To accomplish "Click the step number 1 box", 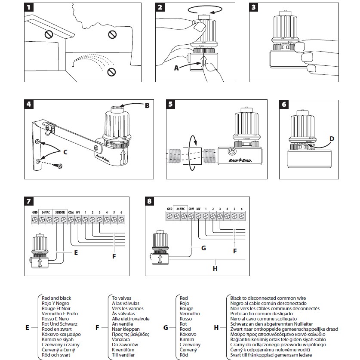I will (x=28, y=7).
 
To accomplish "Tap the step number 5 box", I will (x=171, y=105).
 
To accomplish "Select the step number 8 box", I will (x=150, y=201).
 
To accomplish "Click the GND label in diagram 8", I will (x=169, y=209).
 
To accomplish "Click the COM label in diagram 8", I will (x=191, y=209).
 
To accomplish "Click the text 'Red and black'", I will (x=56, y=298).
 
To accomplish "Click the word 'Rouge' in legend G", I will (x=186, y=308).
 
